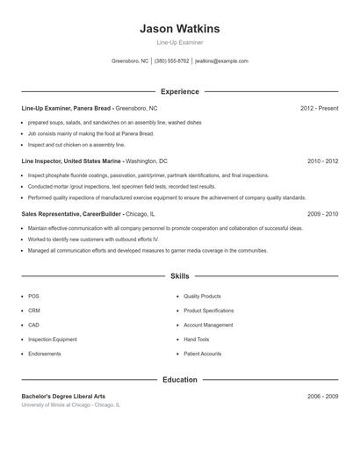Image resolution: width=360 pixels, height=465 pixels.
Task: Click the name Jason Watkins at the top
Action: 179,29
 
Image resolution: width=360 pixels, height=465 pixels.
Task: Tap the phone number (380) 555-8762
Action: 172,61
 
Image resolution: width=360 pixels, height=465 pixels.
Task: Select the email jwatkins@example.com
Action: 221,61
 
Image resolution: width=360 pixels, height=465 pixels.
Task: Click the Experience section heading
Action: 179,91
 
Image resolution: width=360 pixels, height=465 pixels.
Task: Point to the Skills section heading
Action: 179,276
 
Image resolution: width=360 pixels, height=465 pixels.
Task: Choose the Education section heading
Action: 179,380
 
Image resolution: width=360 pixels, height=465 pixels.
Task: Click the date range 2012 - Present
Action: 319,108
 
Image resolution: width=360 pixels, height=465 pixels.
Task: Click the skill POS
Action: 33,297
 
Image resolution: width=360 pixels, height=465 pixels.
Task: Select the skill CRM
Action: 34,311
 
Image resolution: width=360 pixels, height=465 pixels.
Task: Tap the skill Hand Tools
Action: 197,340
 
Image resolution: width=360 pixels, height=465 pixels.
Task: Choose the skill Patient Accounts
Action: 203,354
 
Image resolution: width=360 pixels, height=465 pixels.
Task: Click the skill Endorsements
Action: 45,354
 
